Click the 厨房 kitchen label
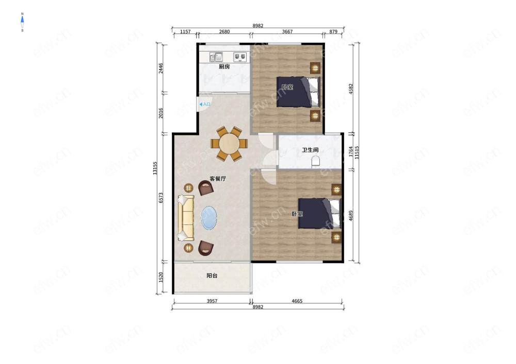224,66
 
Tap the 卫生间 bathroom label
310,150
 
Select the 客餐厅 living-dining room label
218,179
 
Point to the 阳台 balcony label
212,276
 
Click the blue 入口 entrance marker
205,105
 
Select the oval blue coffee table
209,218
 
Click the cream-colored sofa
186,218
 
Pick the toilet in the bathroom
316,161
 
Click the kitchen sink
216,57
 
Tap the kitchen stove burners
240,57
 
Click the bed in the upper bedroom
298,92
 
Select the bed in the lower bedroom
319,213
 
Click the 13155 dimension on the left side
155,168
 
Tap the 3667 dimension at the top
287,32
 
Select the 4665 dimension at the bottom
297,301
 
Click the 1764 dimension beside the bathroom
351,152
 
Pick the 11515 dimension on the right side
357,152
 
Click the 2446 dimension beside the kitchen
161,68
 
